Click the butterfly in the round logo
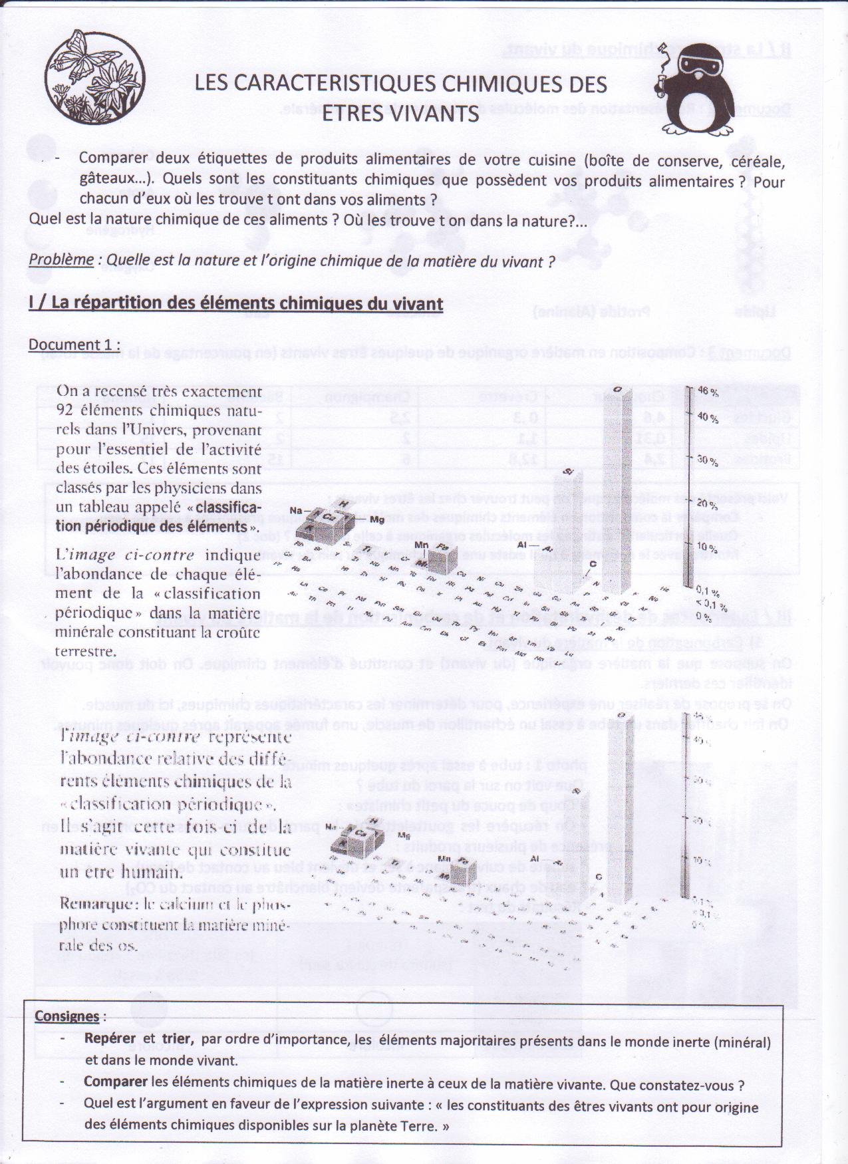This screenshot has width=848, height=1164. (x=77, y=57)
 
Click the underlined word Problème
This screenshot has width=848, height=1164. (x=61, y=259)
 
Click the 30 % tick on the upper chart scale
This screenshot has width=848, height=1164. (x=707, y=461)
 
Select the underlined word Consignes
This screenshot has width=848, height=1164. (x=67, y=1016)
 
